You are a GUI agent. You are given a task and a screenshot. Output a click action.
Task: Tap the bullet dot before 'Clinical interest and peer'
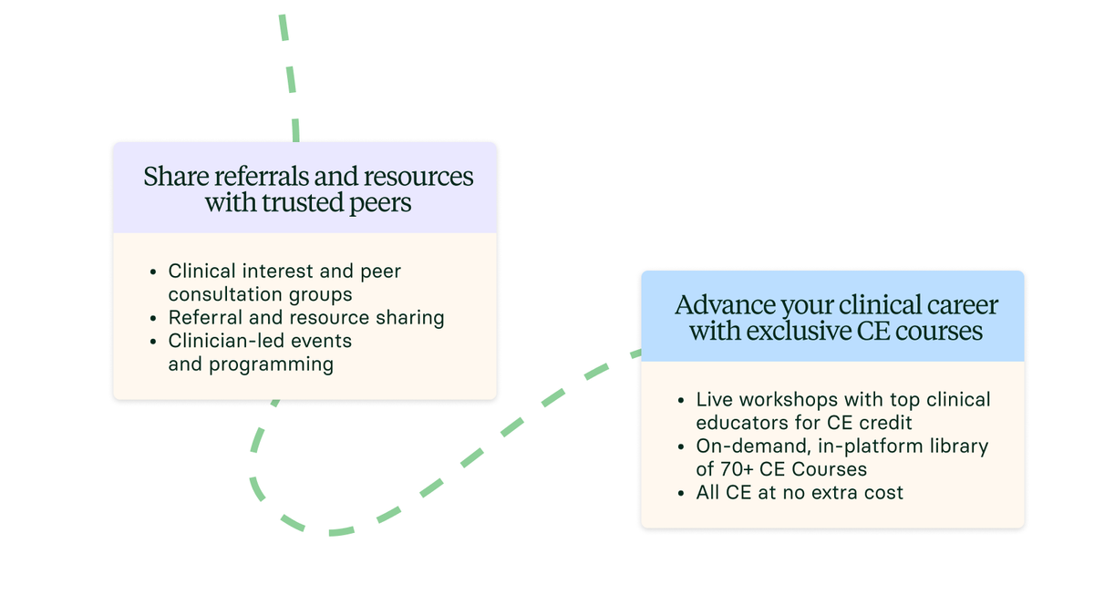[154, 272]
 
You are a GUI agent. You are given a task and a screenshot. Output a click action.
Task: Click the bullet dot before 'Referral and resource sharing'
[154, 319]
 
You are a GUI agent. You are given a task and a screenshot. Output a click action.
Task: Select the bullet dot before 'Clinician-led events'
[154, 342]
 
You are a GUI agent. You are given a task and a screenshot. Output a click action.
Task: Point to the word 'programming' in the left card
[272, 365]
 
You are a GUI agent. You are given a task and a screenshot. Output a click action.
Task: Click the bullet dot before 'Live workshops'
[682, 401]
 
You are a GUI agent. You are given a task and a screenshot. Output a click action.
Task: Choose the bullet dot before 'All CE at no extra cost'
[682, 494]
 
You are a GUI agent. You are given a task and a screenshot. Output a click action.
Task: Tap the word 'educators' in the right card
[737, 423]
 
